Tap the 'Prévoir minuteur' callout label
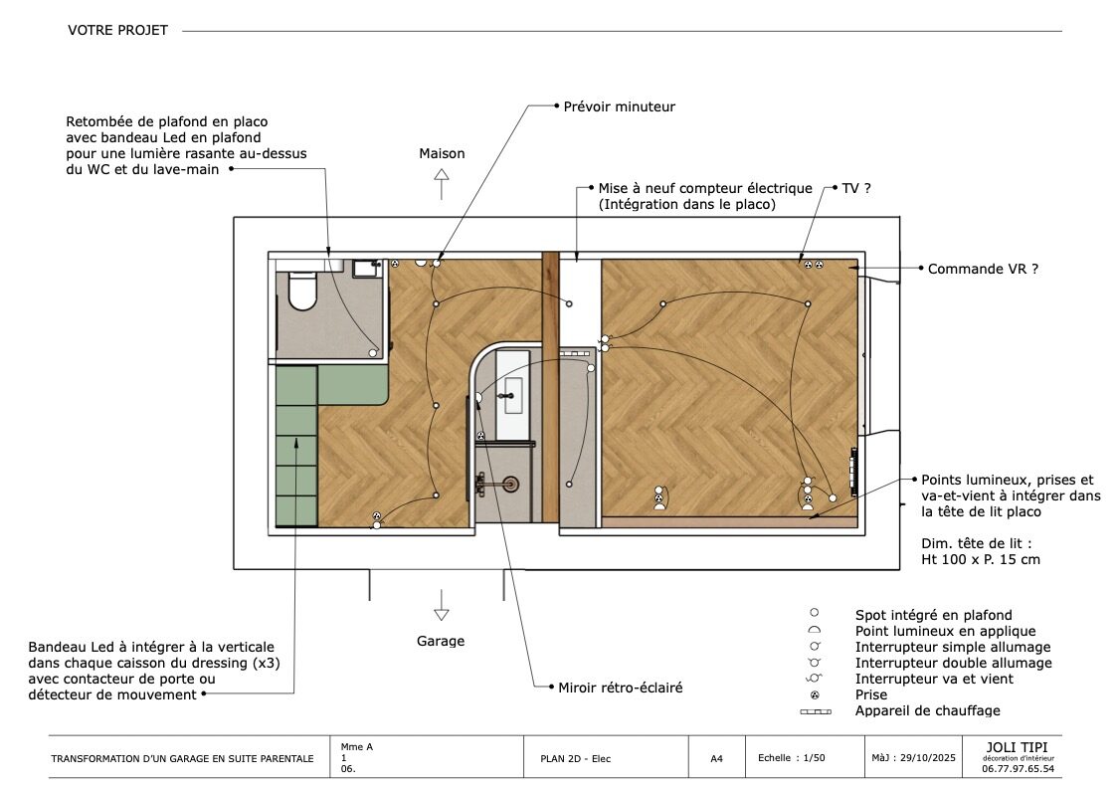point(619,106)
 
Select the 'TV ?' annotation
point(856,187)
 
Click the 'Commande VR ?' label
point(983,269)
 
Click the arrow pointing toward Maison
point(442,185)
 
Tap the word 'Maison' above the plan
point(442,153)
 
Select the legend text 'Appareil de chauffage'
point(927,710)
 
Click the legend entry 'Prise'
point(871,694)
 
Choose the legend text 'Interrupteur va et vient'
point(934,679)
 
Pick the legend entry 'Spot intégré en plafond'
point(933,615)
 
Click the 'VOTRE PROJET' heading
point(117,30)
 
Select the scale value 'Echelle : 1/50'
point(792,758)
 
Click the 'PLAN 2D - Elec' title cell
point(569,759)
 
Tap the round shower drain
point(510,484)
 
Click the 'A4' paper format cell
point(716,758)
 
